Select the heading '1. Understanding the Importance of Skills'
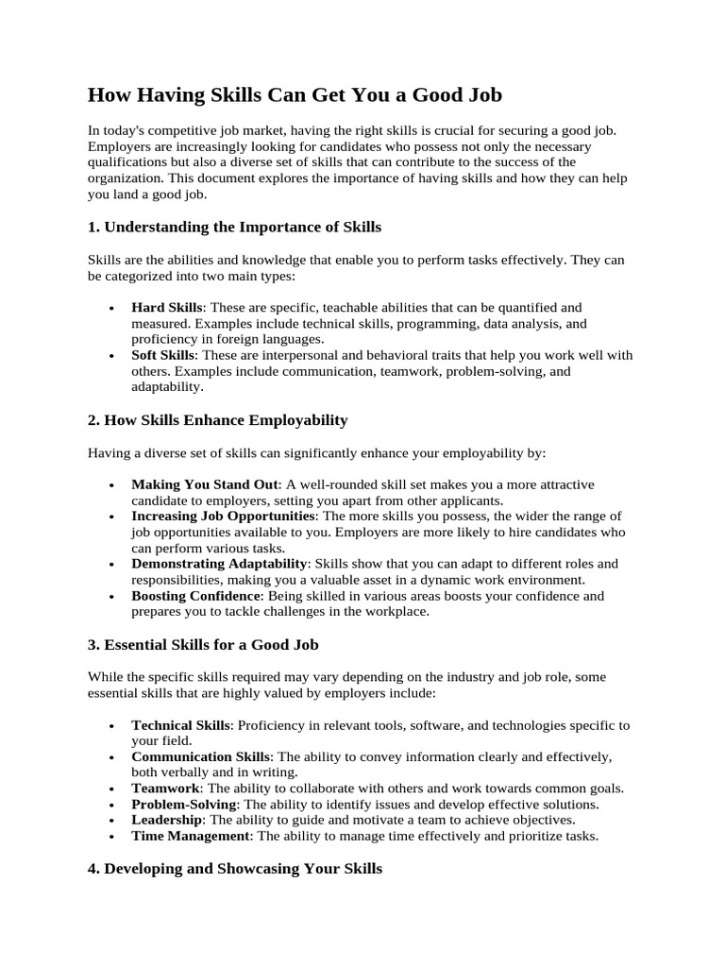pos(234,227)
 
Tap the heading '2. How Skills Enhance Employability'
pos(218,419)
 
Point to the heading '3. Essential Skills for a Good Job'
pos(203,645)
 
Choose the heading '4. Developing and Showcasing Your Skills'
pos(235,869)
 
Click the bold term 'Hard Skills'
pos(167,307)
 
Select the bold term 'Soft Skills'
pos(163,355)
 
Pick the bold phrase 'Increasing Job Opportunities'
pos(223,516)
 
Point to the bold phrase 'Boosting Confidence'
pos(195,596)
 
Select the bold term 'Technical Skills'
pos(180,724)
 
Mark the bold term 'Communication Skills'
pos(201,756)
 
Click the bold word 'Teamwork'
pos(165,789)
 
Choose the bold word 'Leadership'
pos(166,820)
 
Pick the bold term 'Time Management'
pos(190,836)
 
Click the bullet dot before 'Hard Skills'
pos(112,308)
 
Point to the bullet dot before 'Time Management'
pos(112,837)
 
